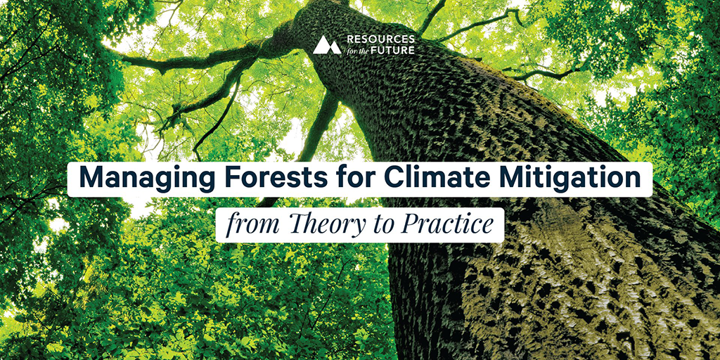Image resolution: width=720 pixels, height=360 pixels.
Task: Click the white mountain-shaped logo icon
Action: point(327,45)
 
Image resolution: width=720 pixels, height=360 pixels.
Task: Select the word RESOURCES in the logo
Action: point(380,39)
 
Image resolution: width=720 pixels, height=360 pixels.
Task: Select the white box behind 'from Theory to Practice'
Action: point(360,226)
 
